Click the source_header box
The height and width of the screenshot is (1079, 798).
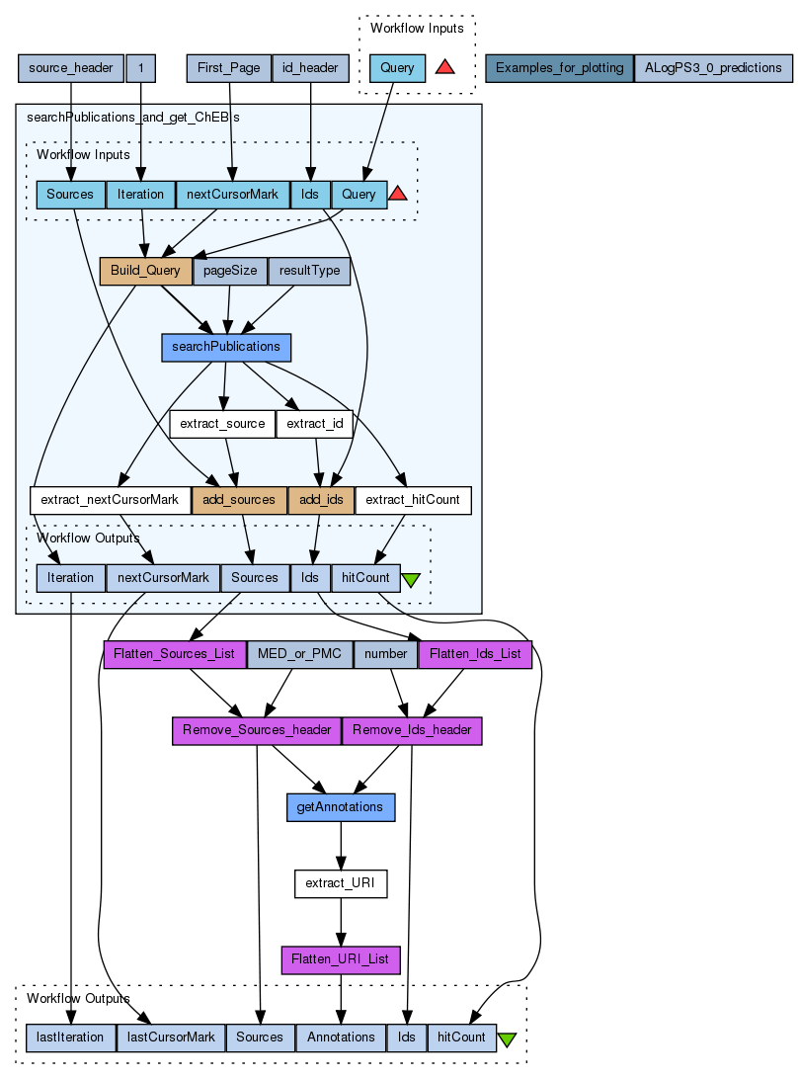(71, 68)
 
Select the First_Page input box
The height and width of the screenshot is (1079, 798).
(229, 68)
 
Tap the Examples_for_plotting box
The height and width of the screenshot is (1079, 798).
(559, 68)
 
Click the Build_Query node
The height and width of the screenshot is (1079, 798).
(145, 271)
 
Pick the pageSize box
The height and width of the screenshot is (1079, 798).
(230, 271)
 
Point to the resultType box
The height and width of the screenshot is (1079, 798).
(310, 271)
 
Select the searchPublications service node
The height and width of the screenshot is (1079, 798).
(226, 347)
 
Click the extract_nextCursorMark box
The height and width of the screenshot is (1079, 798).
(110, 500)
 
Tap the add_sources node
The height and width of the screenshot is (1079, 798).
(239, 500)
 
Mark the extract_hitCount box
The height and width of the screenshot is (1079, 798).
(413, 500)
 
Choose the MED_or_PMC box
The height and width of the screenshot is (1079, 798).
(299, 654)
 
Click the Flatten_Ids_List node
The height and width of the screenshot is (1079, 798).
(476, 654)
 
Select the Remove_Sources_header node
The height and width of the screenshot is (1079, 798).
(257, 730)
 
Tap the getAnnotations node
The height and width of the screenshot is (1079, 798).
(341, 807)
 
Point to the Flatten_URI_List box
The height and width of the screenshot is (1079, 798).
(341, 959)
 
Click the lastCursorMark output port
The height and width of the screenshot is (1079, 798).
(171, 1037)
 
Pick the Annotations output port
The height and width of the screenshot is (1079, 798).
(341, 1037)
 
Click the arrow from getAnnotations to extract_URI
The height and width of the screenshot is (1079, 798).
(341, 846)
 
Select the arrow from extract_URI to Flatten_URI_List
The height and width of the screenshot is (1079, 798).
(341, 922)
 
